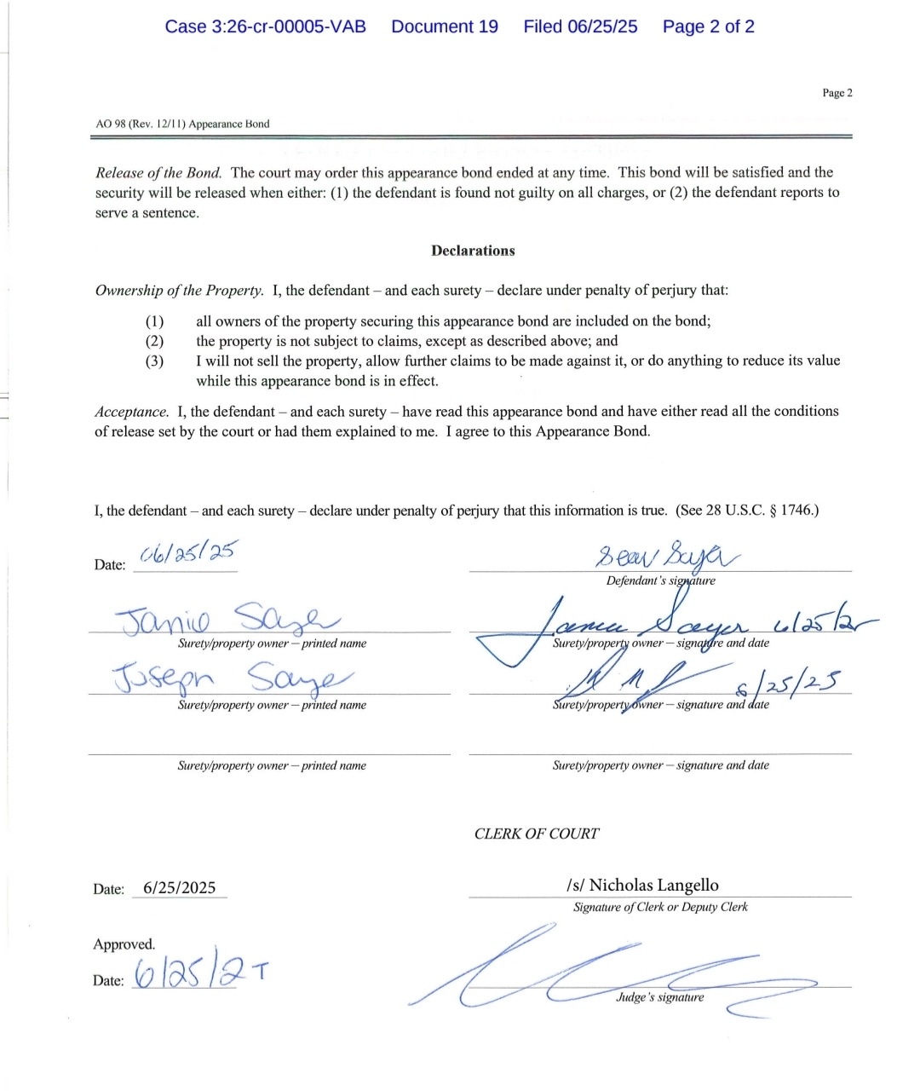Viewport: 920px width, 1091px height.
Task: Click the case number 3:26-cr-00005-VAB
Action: [265, 26]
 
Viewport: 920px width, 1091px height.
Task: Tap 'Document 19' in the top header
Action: [445, 26]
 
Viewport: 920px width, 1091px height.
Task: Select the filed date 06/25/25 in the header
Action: [580, 26]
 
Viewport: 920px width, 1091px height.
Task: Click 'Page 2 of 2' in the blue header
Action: [708, 26]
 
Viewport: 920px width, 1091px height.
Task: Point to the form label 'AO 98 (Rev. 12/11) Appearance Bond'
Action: [182, 124]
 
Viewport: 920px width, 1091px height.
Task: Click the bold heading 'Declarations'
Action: [473, 251]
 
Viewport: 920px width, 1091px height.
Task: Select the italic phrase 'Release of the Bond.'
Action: [158, 172]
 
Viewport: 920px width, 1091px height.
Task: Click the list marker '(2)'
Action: [154, 341]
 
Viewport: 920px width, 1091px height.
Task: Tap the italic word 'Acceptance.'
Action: [132, 412]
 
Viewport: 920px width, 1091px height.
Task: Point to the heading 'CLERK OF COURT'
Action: [537, 834]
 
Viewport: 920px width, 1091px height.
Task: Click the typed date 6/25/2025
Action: [179, 887]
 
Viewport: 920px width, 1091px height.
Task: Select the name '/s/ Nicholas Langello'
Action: [642, 885]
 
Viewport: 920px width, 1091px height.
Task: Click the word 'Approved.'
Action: [124, 944]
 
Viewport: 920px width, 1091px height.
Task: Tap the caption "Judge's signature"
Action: [660, 997]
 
